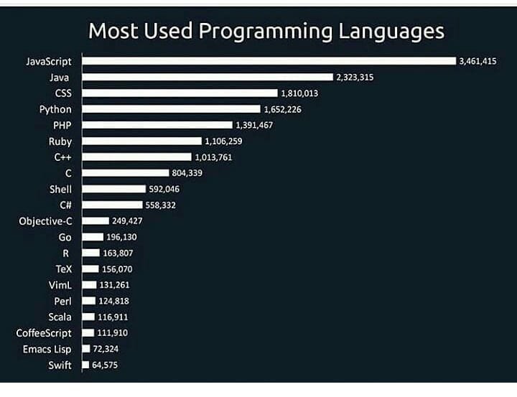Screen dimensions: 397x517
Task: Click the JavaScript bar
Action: coord(269,61)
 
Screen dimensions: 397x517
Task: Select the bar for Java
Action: coord(208,77)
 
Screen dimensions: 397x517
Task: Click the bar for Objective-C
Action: coord(96,221)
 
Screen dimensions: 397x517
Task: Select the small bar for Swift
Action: coord(85,365)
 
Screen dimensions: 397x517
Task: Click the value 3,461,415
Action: coord(478,61)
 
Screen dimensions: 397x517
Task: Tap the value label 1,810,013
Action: coord(299,93)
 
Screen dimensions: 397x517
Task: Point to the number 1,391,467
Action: coord(254,125)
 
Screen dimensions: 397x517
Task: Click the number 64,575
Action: coord(105,365)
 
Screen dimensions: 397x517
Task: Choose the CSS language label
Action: coord(62,93)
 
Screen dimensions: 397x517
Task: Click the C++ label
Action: coord(62,157)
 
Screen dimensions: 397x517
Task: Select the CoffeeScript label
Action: coord(45,332)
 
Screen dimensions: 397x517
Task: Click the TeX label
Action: coord(64,268)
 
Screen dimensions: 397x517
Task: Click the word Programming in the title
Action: coord(266,32)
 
